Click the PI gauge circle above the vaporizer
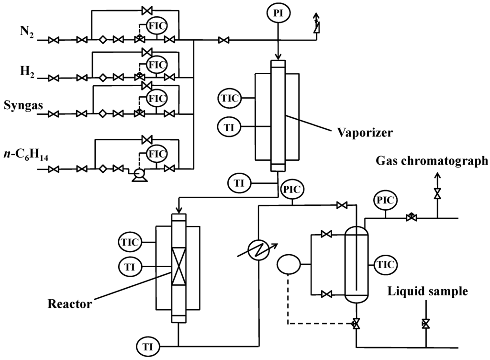[278, 14]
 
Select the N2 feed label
[27, 32]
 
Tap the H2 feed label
[27, 70]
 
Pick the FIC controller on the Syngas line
[156, 99]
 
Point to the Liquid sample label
[428, 291]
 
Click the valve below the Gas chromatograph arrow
[437, 193]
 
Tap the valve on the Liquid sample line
[425, 324]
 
